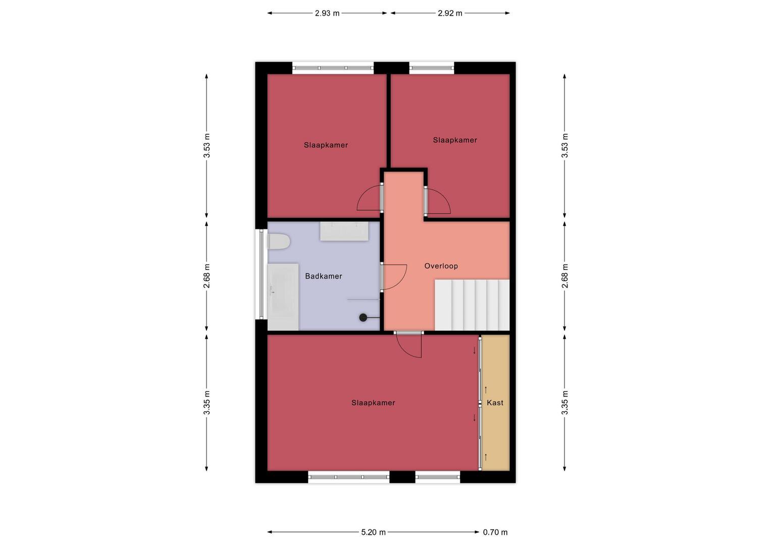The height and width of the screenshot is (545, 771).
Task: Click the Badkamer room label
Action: pyautogui.click(x=323, y=276)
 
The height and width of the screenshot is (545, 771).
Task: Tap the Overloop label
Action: pyautogui.click(x=441, y=266)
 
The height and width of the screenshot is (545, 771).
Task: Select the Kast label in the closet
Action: pyautogui.click(x=495, y=403)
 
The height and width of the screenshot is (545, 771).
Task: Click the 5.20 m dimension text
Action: pyautogui.click(x=373, y=532)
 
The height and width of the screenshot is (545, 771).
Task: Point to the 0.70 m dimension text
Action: pyautogui.click(x=495, y=532)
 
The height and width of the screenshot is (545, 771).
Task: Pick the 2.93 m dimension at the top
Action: pyautogui.click(x=327, y=13)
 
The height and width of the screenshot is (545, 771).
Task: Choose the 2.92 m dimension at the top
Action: pyautogui.click(x=450, y=13)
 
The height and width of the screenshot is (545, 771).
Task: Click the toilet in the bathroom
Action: pyautogui.click(x=278, y=242)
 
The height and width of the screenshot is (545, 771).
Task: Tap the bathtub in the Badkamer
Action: pyautogui.click(x=283, y=297)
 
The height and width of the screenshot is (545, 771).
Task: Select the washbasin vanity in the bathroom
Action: pyautogui.click(x=344, y=231)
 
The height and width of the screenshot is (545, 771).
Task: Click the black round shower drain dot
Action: pyautogui.click(x=363, y=317)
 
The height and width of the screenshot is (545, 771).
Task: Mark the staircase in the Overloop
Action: pyautogui.click(x=472, y=305)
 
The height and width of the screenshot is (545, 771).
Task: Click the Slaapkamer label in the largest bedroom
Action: pyautogui.click(x=373, y=403)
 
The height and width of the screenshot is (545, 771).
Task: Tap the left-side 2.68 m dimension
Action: pyautogui.click(x=207, y=276)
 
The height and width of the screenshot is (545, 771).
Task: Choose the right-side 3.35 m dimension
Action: pyautogui.click(x=564, y=403)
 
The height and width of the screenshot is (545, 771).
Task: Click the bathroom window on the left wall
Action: pyautogui.click(x=261, y=274)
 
